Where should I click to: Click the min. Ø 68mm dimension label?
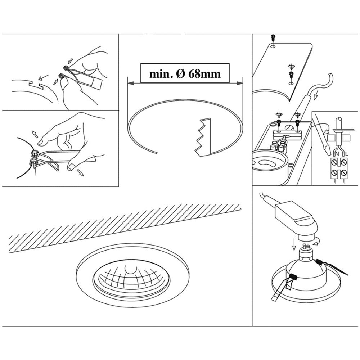185,73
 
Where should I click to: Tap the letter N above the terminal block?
337,154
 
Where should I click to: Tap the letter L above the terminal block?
346,154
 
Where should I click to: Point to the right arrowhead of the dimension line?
239,83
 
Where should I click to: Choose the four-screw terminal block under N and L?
339,168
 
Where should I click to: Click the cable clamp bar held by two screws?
288,134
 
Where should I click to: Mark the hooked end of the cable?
330,78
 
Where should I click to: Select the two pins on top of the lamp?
307,247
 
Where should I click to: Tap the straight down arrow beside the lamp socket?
294,244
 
